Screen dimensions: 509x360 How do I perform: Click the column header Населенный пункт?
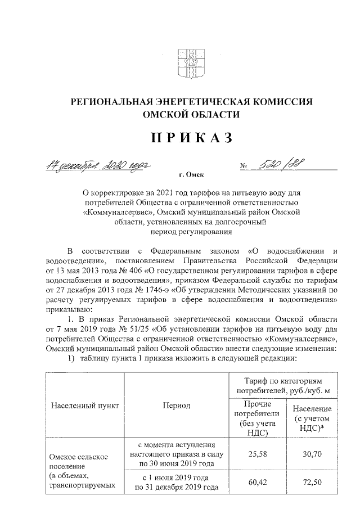[81, 406]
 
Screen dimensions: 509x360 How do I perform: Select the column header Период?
[177, 406]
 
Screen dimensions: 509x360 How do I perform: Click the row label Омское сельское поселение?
[73, 463]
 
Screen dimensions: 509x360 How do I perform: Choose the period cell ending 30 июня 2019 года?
[177, 454]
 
